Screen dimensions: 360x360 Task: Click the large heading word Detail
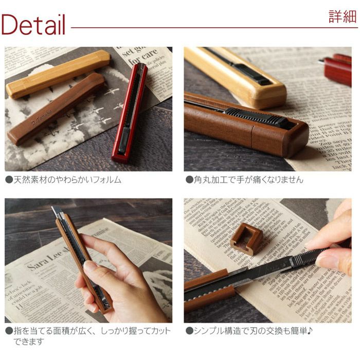pyautogui.click(x=33, y=24)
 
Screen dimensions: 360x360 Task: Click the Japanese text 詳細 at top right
pyautogui.click(x=343, y=16)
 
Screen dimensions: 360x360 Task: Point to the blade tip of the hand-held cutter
pyautogui.click(x=55, y=210)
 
